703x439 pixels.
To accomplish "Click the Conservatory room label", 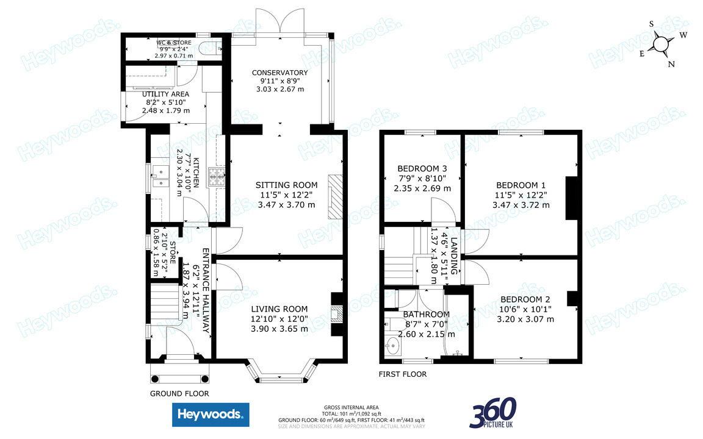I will pos(280,73).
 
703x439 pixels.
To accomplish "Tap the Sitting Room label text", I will pos(286,185).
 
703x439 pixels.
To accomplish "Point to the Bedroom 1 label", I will pos(521,185).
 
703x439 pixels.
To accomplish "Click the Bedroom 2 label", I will pos(525,299).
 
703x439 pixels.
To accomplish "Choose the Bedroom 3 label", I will pos(422,169).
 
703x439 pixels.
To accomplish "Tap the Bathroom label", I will pos(426,315).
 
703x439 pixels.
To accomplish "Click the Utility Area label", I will pos(165,94).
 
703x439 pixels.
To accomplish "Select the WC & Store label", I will pos(174,43).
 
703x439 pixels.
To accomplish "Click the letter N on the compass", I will pos(671,64).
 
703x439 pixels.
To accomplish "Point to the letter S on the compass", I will pos(651,24).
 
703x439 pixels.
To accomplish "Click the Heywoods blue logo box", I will pos(211,415).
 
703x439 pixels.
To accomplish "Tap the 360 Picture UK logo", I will pos(492,413).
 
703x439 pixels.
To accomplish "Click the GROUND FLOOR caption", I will pos(179,394).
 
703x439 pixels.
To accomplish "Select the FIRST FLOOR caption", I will pos(402,374).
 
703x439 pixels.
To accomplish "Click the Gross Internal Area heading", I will pos(351,407).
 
